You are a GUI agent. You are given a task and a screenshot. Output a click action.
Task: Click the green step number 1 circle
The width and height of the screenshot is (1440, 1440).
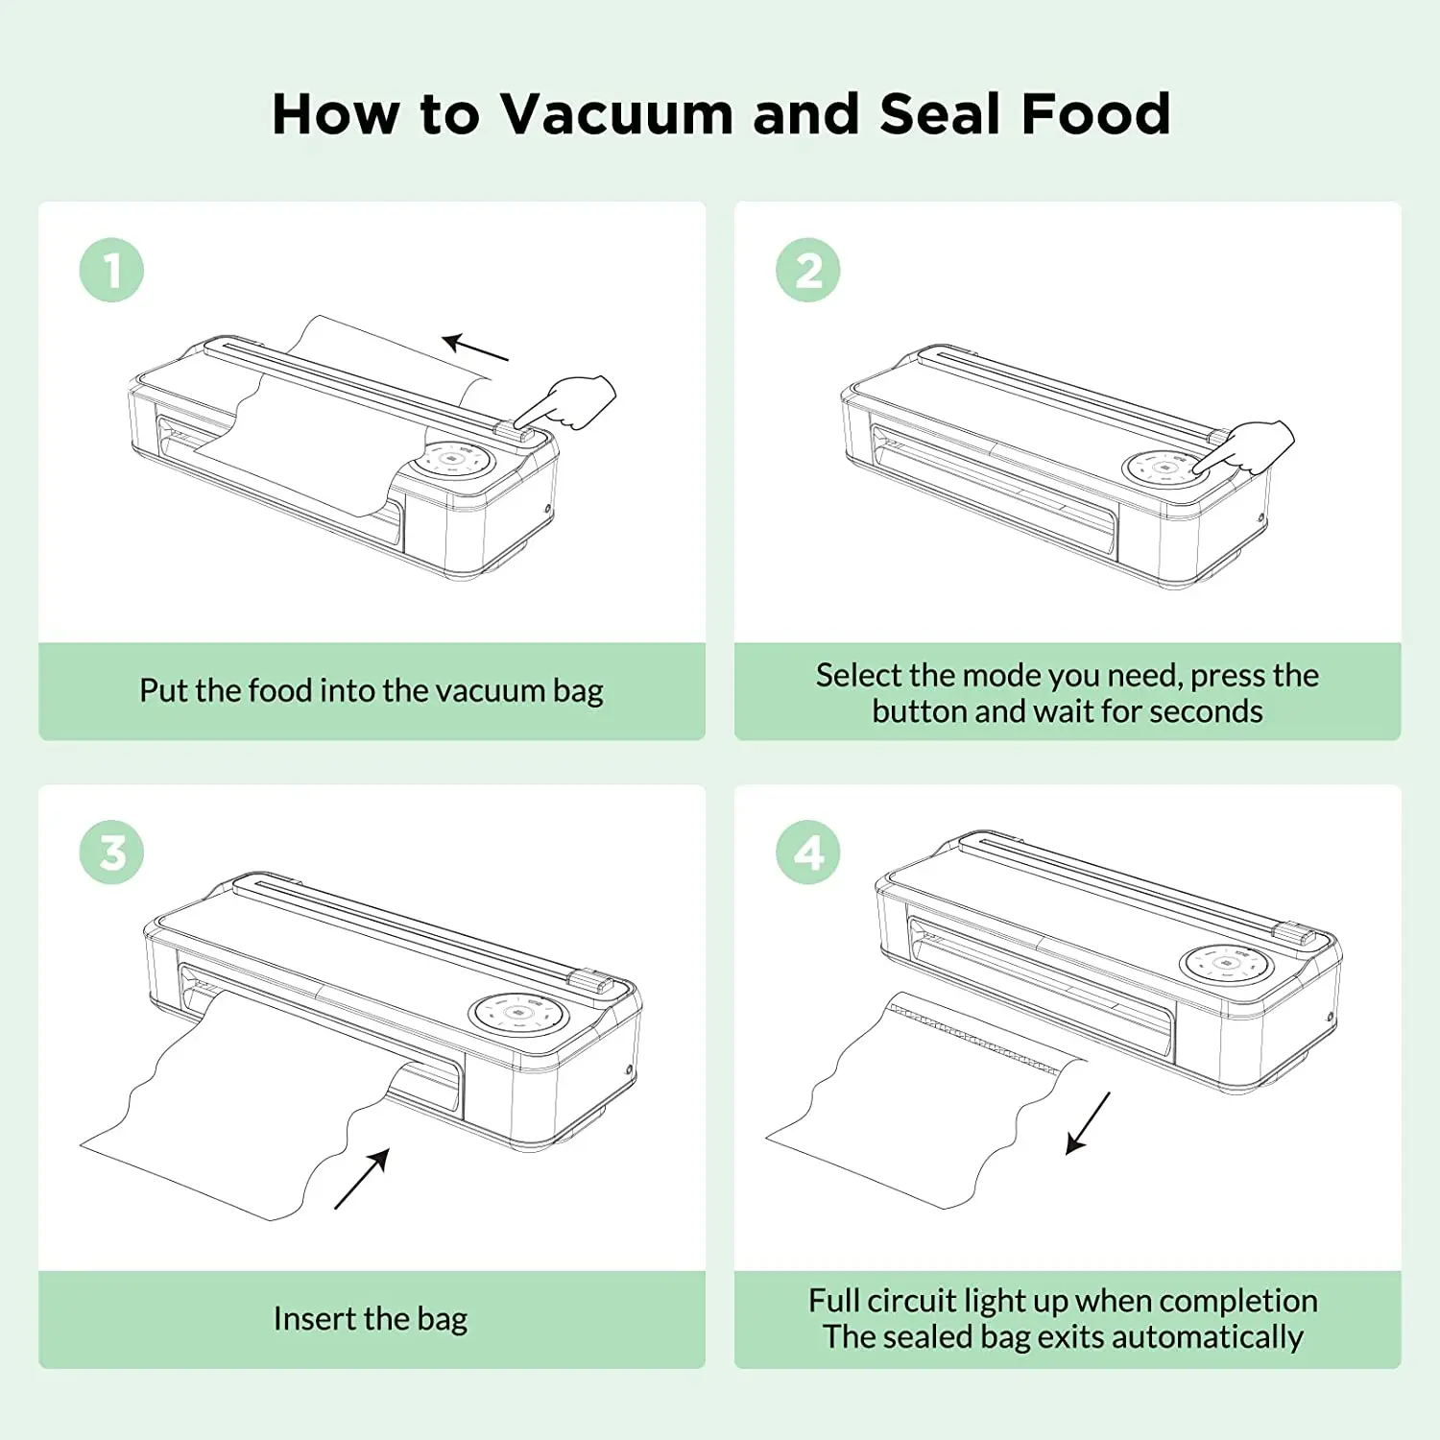[x=111, y=270]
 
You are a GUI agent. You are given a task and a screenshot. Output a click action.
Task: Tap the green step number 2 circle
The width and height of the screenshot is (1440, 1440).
[x=807, y=270]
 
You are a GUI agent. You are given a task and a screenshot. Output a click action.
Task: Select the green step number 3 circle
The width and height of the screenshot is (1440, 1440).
[x=111, y=852]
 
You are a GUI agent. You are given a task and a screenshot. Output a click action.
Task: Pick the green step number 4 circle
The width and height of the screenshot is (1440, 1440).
[x=807, y=852]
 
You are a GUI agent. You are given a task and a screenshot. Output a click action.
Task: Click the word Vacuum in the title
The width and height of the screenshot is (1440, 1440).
[x=616, y=114]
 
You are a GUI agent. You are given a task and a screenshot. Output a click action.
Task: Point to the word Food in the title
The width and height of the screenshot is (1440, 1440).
[x=1095, y=114]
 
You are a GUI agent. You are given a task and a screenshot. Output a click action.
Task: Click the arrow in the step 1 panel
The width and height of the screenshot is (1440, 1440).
[x=475, y=348]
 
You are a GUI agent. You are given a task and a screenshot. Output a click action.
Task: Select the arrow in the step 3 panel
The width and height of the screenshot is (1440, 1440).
[x=363, y=1178]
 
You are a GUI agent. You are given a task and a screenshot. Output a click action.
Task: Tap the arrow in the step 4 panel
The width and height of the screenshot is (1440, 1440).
[x=1089, y=1122]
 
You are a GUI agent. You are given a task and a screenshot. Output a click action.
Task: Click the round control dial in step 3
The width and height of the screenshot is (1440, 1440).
[x=518, y=1013]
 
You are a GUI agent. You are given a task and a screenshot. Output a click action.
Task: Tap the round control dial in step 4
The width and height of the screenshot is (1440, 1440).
[x=1226, y=963]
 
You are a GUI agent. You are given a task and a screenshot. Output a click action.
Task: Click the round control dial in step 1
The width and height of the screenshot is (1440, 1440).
[x=454, y=460]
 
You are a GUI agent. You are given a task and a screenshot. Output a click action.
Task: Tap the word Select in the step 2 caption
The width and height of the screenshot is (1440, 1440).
[x=858, y=675]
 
